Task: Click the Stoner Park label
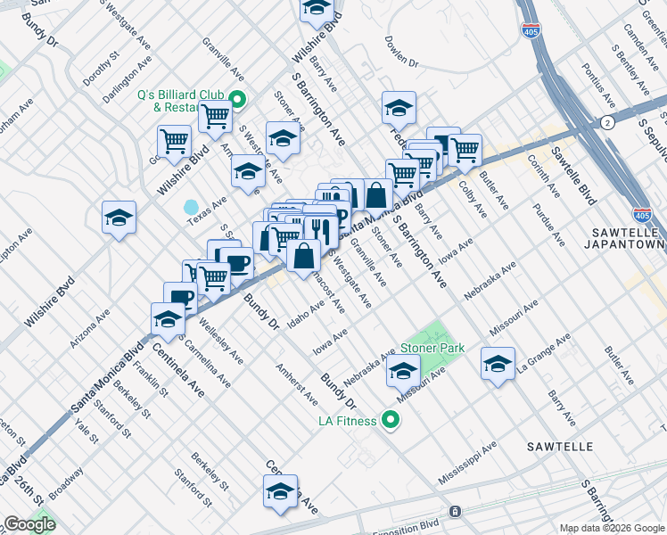(x=432, y=349)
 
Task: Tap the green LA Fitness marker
(x=390, y=418)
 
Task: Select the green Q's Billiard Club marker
(x=237, y=99)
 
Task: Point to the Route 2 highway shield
(x=606, y=123)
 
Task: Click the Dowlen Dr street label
(x=401, y=63)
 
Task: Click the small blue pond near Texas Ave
(x=191, y=207)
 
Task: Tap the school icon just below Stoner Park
(x=403, y=370)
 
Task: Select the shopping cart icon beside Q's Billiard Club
(x=215, y=115)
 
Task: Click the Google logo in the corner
(x=29, y=524)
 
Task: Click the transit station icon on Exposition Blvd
(x=455, y=512)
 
